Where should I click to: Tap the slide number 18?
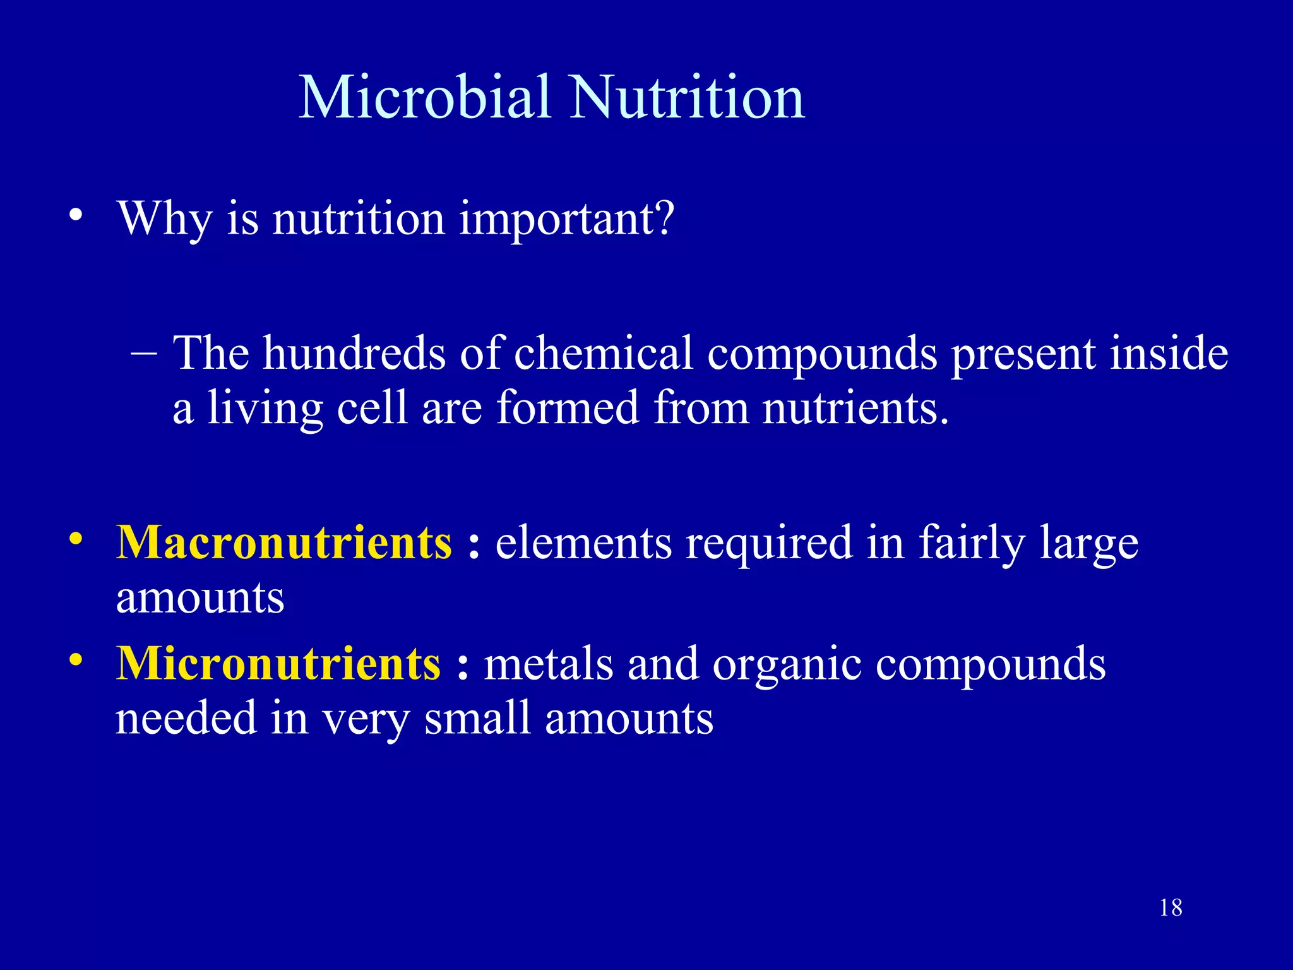coord(1171,908)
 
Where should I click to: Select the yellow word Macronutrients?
coord(284,542)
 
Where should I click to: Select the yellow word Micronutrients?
coord(278,664)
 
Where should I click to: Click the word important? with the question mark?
coord(566,219)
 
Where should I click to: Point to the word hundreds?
coord(354,353)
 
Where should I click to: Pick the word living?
coord(265,409)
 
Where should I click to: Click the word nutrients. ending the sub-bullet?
coord(855,409)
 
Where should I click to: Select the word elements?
coord(583,542)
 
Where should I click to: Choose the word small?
coord(477,719)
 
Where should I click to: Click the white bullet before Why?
coord(76,217)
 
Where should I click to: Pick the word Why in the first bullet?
coord(165,219)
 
